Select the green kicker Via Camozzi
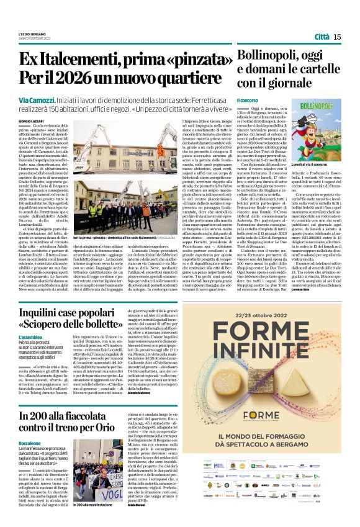coord(35,100)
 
